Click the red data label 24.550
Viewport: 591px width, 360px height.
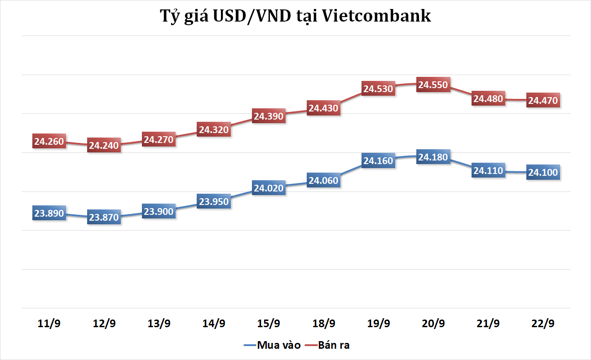pos(433,84)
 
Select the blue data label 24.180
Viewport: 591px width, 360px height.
pos(433,157)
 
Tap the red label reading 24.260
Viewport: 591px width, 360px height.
pos(49,142)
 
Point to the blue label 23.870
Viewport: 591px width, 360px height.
pos(104,218)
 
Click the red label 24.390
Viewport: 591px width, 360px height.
pos(269,116)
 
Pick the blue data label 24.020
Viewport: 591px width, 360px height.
pos(269,188)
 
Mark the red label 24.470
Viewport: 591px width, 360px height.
pos(543,100)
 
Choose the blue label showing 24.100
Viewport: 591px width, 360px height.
pos(543,172)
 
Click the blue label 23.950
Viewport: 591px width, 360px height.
pos(214,202)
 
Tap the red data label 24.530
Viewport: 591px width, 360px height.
pos(378,89)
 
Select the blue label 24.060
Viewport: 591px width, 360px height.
pos(323,180)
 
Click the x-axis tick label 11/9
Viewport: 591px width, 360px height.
pos(49,324)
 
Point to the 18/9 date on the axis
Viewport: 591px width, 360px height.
pos(323,324)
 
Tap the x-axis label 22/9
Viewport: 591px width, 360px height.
pos(543,324)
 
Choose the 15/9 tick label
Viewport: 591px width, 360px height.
pos(269,324)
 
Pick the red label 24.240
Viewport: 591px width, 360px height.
pos(104,145)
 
